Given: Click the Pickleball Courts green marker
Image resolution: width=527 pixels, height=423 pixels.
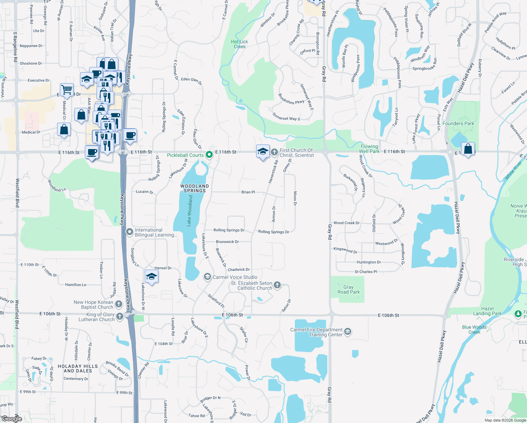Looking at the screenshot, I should [209, 155].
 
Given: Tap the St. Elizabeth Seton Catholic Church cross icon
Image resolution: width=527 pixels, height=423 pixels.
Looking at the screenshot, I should [277, 285].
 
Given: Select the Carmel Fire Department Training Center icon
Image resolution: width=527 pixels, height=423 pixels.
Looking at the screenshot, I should [348, 332].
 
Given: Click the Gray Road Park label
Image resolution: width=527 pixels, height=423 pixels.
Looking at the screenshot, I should [348, 289].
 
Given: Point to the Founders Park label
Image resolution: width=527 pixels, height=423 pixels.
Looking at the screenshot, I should [458, 123].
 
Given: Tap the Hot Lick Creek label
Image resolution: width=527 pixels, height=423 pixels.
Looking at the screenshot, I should [240, 44].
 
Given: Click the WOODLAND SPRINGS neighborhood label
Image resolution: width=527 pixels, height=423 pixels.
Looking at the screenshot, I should [194, 188].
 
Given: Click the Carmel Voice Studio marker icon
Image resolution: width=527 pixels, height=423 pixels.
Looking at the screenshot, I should [207, 277].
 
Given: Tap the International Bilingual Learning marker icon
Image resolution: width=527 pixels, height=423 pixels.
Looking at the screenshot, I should [130, 232].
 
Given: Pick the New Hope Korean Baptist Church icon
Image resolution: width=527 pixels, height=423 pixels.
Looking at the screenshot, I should [119, 304].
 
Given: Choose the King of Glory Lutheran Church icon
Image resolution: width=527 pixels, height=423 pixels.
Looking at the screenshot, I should [120, 316].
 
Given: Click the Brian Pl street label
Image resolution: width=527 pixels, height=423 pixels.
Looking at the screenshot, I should [248, 192].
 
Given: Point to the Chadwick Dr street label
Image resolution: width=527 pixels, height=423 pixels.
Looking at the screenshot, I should [238, 270].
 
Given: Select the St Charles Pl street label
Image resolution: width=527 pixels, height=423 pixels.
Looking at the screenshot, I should [366, 272].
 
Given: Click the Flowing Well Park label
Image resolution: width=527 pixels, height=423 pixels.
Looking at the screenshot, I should [369, 149].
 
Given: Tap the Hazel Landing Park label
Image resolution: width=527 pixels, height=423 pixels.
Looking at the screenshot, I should [487, 311].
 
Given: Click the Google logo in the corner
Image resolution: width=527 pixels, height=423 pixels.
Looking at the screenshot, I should [12, 419].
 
